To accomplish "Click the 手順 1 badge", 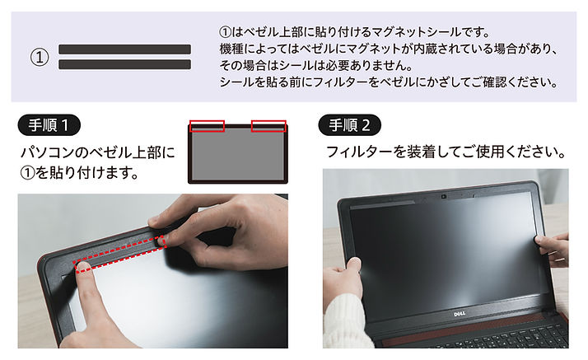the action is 49,125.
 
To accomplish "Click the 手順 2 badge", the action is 349,125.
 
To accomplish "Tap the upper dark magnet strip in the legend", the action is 125,49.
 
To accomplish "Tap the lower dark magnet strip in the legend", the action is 125,64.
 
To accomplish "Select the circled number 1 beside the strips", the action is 40,58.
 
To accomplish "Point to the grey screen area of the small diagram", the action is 238,156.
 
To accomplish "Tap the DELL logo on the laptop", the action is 460,314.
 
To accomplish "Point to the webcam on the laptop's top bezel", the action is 444,197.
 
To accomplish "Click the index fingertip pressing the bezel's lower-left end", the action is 83,267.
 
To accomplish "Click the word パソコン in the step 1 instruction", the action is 46,152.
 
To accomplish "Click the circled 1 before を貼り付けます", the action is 27,173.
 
